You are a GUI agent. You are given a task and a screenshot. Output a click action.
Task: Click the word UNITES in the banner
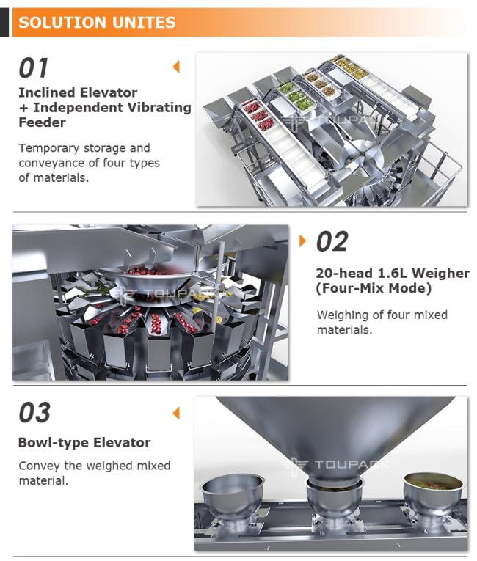[x=144, y=22]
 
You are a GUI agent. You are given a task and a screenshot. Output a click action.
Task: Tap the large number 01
[x=33, y=68]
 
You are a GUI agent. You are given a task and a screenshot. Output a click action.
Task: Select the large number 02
[x=332, y=241]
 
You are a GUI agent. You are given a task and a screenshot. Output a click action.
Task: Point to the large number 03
[x=34, y=413]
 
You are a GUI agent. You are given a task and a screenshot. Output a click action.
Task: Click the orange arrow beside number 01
[x=176, y=67]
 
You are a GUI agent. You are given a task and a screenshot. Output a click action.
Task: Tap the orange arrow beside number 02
[x=303, y=241]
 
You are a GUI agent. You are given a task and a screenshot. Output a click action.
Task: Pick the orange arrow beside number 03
[x=176, y=413]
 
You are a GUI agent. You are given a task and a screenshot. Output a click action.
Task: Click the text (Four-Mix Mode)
[x=374, y=288]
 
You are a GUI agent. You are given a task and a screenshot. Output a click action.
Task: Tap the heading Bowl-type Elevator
[x=84, y=443]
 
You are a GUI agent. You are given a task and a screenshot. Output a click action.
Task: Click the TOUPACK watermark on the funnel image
[x=335, y=465]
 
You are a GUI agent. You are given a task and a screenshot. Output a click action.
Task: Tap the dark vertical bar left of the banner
[x=4, y=22]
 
